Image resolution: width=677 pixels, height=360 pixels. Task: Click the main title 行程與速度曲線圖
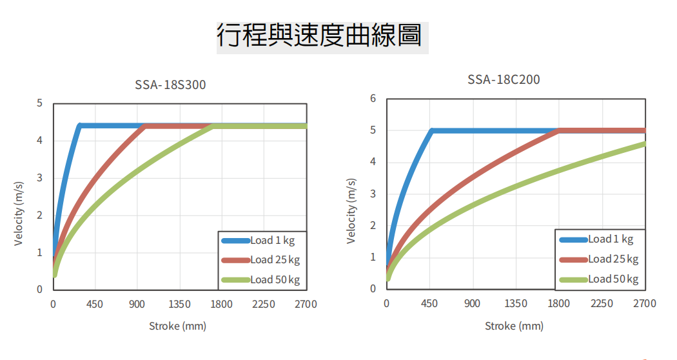320,35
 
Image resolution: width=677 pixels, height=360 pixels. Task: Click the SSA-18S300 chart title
170,85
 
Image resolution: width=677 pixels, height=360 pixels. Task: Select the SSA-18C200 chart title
504,80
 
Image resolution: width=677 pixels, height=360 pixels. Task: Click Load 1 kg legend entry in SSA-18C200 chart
610,239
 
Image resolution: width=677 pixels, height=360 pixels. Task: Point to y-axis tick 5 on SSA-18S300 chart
40,103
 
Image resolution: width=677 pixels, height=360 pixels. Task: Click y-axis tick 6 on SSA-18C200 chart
373,99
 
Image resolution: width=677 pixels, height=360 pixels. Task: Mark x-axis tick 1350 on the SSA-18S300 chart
179,304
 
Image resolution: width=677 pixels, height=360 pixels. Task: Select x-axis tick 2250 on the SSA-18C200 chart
602,303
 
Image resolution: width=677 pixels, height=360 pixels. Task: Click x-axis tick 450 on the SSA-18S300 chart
95,304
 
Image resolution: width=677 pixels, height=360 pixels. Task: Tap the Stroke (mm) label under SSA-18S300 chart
178,326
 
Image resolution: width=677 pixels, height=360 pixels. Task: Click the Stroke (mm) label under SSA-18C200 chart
514,326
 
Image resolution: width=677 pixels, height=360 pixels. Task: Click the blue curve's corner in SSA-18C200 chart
431,130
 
